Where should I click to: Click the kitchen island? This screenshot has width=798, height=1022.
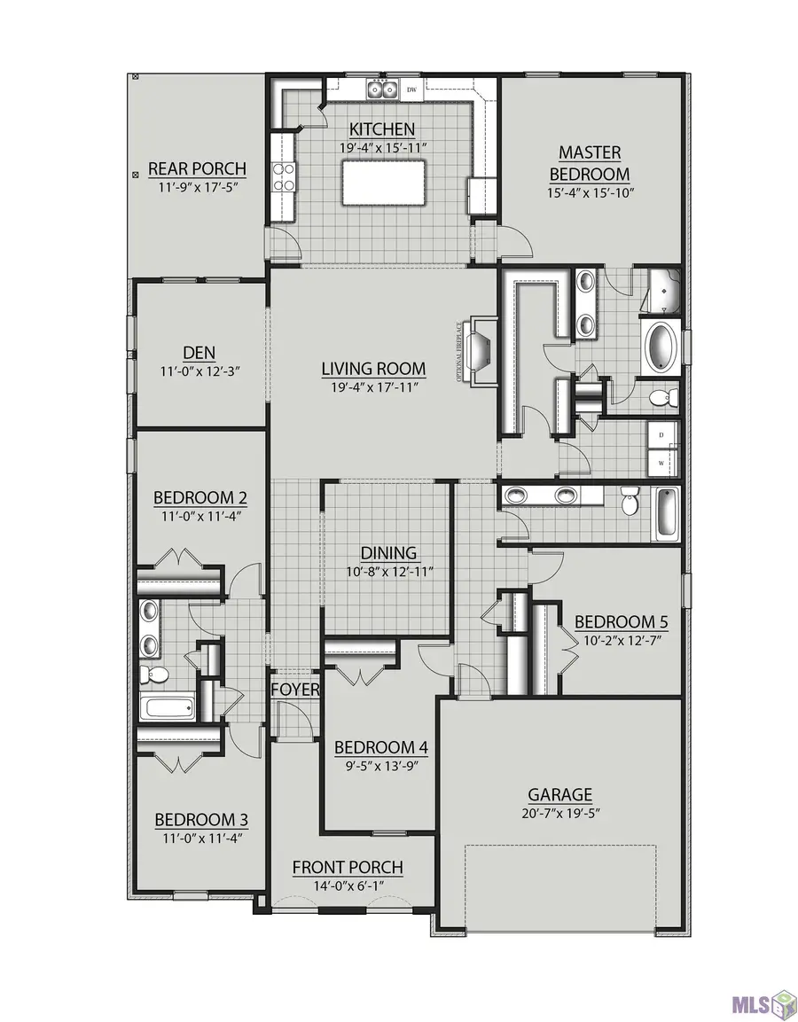383,183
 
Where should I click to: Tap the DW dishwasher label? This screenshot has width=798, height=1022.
411,90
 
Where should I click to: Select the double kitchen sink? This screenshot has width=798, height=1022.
382,89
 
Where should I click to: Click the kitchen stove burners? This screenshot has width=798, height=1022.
285,177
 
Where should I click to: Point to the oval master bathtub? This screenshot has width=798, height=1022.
661,346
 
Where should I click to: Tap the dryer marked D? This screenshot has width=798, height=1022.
662,434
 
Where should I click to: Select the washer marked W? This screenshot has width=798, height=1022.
662,463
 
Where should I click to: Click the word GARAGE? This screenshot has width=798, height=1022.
559,794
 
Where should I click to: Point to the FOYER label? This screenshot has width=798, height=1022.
294,690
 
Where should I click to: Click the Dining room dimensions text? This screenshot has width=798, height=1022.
389,572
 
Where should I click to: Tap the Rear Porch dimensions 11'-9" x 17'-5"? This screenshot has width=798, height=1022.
197,188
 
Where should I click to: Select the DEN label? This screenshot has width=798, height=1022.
199,353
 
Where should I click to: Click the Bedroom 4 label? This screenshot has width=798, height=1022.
380,747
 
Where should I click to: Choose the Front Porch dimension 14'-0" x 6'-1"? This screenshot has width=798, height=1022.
348,885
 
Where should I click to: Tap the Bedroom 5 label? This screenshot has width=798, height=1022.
621,622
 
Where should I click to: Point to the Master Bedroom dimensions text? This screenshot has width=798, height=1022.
590,193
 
